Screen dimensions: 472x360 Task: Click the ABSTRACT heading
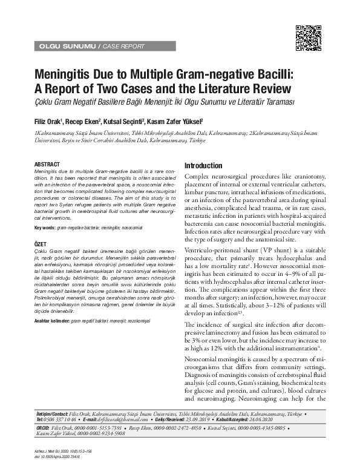point(47,165)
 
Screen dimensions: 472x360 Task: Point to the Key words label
point(45,228)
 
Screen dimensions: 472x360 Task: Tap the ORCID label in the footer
point(44,427)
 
